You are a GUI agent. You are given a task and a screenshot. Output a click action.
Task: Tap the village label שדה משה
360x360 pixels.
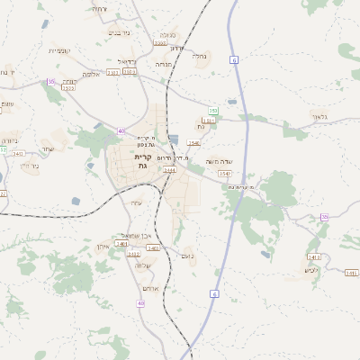point(220,162)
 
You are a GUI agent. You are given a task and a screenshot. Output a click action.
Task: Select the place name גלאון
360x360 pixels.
point(320,117)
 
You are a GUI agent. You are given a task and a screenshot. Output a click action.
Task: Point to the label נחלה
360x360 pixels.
point(200,55)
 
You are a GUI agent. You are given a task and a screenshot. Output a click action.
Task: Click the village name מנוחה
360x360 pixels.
point(164,64)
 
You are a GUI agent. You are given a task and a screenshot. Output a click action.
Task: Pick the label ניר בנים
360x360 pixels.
point(119,33)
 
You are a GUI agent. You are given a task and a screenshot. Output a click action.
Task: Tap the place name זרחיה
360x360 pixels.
point(99,9)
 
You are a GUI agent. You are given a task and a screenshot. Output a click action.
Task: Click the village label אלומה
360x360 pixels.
point(94,74)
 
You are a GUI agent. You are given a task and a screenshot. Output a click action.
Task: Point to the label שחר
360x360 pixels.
point(48,148)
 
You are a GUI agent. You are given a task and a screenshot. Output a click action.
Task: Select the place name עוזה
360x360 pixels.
point(137,202)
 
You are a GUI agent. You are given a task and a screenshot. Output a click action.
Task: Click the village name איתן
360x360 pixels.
point(102,245)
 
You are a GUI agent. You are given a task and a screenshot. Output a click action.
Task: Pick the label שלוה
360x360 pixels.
point(142,265)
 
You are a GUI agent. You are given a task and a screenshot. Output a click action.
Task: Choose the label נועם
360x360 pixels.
point(187,256)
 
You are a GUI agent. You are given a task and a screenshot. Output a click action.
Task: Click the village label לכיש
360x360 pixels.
point(311,270)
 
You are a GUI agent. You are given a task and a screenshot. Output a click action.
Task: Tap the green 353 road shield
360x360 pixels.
point(213,110)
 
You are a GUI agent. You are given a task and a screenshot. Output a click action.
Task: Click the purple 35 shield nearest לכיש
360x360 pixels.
point(324,217)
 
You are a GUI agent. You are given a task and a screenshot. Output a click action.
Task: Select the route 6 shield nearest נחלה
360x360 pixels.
point(233,59)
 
